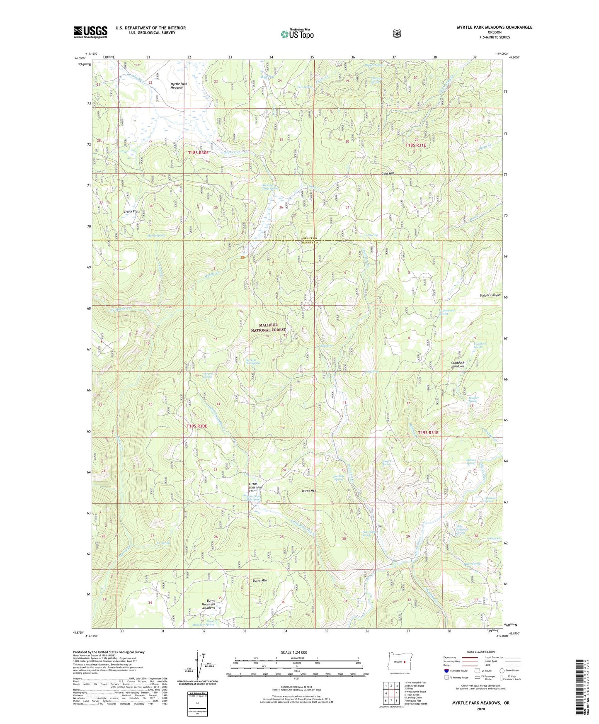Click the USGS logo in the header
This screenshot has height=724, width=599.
tap(90, 32)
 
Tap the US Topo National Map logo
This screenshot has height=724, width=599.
tap(297, 34)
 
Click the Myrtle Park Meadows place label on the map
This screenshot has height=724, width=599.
tap(179, 85)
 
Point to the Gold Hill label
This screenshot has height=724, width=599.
tap(388, 173)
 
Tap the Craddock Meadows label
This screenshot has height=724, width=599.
tap(458, 364)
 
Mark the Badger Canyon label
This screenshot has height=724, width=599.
tap(487, 295)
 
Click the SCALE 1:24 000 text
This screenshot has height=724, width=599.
tap(294, 652)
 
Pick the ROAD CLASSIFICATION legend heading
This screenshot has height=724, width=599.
tap(480, 652)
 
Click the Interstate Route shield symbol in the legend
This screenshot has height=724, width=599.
tap(446, 670)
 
